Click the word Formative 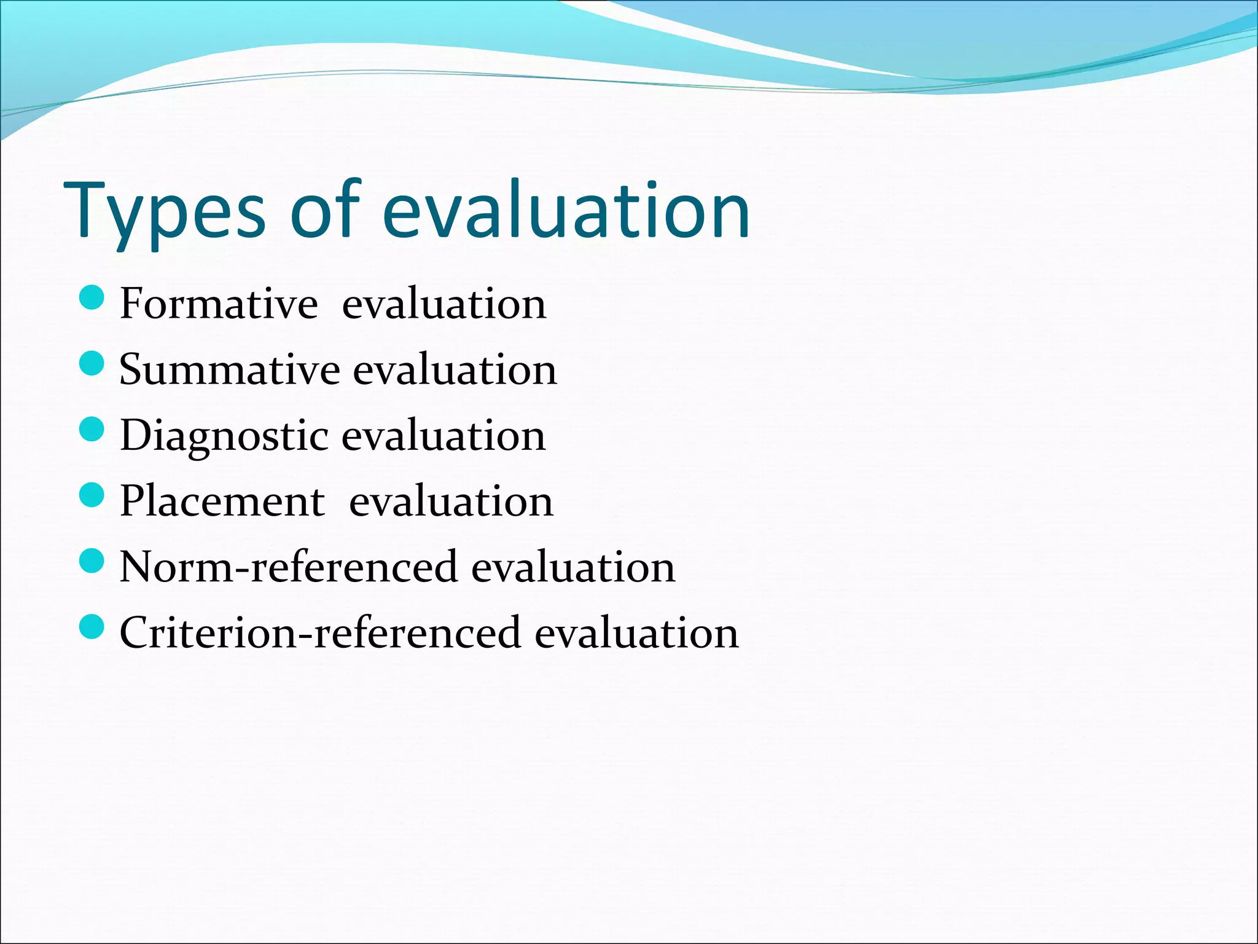(219, 304)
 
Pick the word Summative (230, 370)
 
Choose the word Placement (222, 502)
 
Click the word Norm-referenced (288, 567)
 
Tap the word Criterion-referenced (320, 633)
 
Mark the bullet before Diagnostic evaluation (92, 429)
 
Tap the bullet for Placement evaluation (92, 495)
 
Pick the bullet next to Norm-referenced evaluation (92, 560)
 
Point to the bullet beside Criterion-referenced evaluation (92, 626)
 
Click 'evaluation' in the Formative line (443, 304)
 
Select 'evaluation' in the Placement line (451, 502)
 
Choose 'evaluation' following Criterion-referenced (636, 633)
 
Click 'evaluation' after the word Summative (455, 370)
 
